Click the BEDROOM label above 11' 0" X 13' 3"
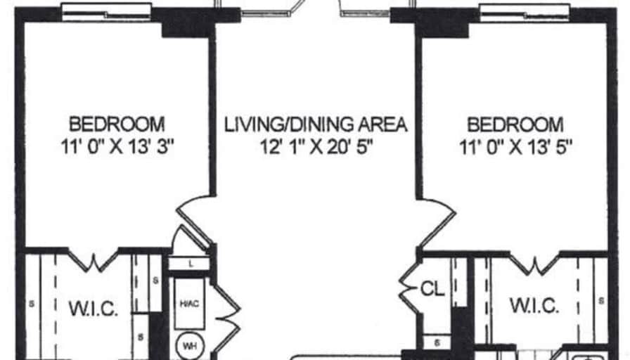click(x=117, y=124)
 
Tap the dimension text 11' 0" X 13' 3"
click(x=117, y=146)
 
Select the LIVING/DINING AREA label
click(x=316, y=124)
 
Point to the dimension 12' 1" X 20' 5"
click(x=317, y=147)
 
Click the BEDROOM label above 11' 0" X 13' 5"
click(x=515, y=124)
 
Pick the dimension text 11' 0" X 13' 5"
click(x=516, y=147)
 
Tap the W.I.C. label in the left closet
click(x=94, y=309)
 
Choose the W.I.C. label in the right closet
click(x=534, y=305)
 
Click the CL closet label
click(x=432, y=289)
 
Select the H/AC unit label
click(x=189, y=303)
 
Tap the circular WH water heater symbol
click(x=190, y=345)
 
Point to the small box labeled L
click(x=189, y=264)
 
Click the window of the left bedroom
click(x=106, y=12)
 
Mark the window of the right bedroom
click(x=525, y=13)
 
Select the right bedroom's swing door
click(x=436, y=223)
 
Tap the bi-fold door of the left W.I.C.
click(x=94, y=260)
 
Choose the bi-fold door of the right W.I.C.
click(x=535, y=263)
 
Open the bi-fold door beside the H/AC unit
click(x=226, y=310)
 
